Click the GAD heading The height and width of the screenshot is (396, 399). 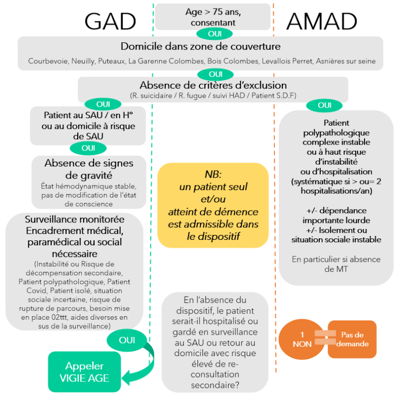tap(110, 21)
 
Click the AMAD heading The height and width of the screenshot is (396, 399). tap(322, 21)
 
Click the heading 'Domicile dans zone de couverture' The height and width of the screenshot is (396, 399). tap(200, 47)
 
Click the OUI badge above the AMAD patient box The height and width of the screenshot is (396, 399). tap(324, 105)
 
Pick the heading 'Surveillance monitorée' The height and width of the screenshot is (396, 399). tap(74, 219)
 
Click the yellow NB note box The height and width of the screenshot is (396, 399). tap(213, 205)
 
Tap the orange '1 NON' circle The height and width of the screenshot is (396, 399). tap(302, 340)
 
